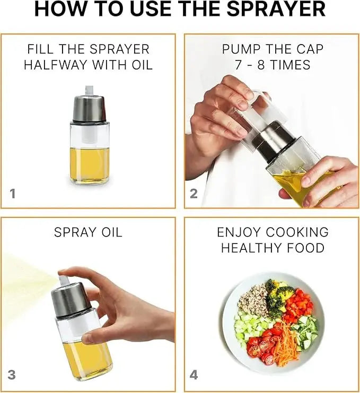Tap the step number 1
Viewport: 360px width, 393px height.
[12, 194]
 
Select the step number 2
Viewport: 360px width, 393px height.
[194, 194]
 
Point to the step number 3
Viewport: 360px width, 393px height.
[12, 375]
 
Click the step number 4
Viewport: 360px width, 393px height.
[194, 375]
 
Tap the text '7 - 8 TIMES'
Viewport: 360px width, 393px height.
[273, 65]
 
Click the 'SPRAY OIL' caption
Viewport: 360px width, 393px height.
[88, 232]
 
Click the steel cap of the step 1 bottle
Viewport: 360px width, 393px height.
[89, 109]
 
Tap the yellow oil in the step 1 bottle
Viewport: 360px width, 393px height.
[89, 164]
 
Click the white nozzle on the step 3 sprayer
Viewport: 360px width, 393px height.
[64, 280]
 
